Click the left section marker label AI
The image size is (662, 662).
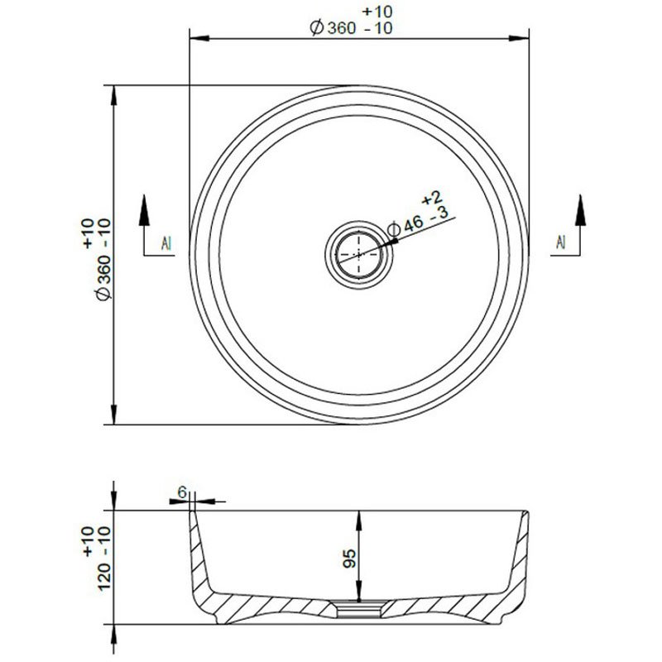click(x=167, y=242)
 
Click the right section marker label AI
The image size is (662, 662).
click(x=560, y=242)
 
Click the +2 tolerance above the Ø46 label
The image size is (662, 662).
click(x=429, y=198)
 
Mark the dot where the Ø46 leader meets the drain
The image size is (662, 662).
click(x=395, y=242)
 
